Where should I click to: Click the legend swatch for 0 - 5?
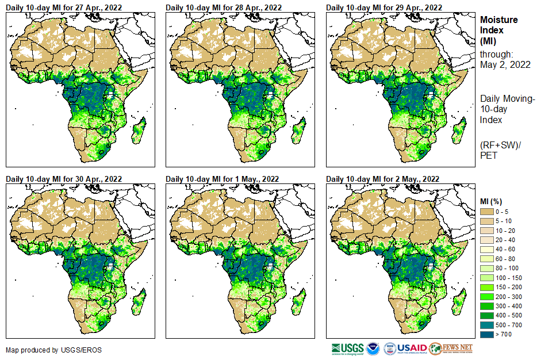pyautogui.click(x=488, y=212)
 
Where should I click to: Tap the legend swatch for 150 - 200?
pyautogui.click(x=488, y=286)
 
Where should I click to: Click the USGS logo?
pyautogui.click(x=347, y=348)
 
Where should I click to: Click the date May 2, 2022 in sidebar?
pyautogui.click(x=505, y=64)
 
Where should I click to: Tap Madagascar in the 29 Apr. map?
pyautogui.click(x=459, y=132)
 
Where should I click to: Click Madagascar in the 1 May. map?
pyautogui.click(x=298, y=304)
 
